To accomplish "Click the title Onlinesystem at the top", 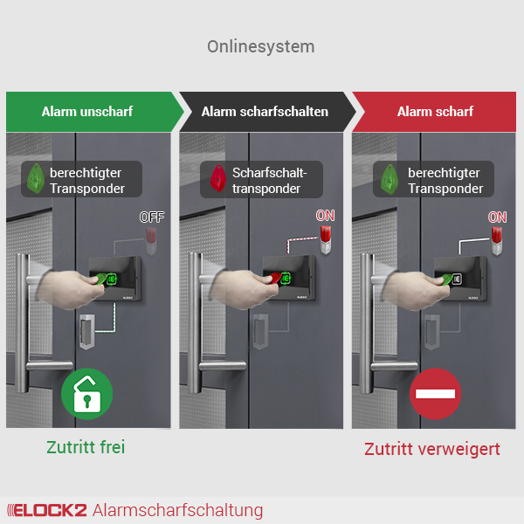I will (260, 46).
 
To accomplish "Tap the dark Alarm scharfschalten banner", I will (265, 112).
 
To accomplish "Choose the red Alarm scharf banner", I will (435, 112).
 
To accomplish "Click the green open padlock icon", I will (87, 394).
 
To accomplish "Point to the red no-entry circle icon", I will (436, 394).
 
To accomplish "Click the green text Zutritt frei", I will (86, 447).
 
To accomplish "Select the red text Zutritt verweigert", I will (432, 449).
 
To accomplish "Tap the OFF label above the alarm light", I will (151, 217).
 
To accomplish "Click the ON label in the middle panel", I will (325, 216).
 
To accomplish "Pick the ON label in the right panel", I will (497, 217).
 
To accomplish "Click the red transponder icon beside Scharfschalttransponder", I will (215, 179).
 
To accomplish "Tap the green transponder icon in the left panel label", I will (38, 179).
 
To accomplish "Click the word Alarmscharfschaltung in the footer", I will (177, 510).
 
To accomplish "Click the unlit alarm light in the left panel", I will (152, 238).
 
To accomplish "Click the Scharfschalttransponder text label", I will (266, 180).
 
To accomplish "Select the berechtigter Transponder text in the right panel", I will (445, 180).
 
